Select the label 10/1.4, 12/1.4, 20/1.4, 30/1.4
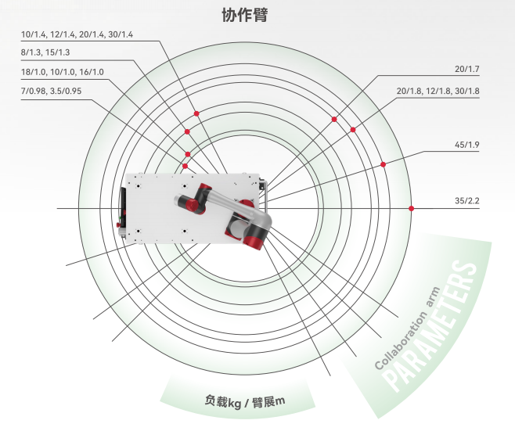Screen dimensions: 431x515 [77, 34]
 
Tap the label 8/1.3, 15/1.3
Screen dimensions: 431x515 [46, 52]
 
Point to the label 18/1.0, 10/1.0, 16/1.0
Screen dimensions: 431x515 [63, 72]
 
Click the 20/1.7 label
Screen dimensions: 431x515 [467, 70]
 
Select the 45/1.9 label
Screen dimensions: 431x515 [467, 145]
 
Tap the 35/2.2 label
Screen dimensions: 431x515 [467, 201]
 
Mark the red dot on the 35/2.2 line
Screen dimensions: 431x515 [412, 208]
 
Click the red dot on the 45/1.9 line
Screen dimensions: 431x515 [384, 164]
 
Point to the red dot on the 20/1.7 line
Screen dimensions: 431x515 [334, 119]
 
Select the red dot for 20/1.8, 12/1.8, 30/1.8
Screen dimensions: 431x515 [353, 129]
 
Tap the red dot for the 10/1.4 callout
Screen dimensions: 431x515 [197, 114]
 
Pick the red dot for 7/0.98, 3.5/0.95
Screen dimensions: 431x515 [185, 166]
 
